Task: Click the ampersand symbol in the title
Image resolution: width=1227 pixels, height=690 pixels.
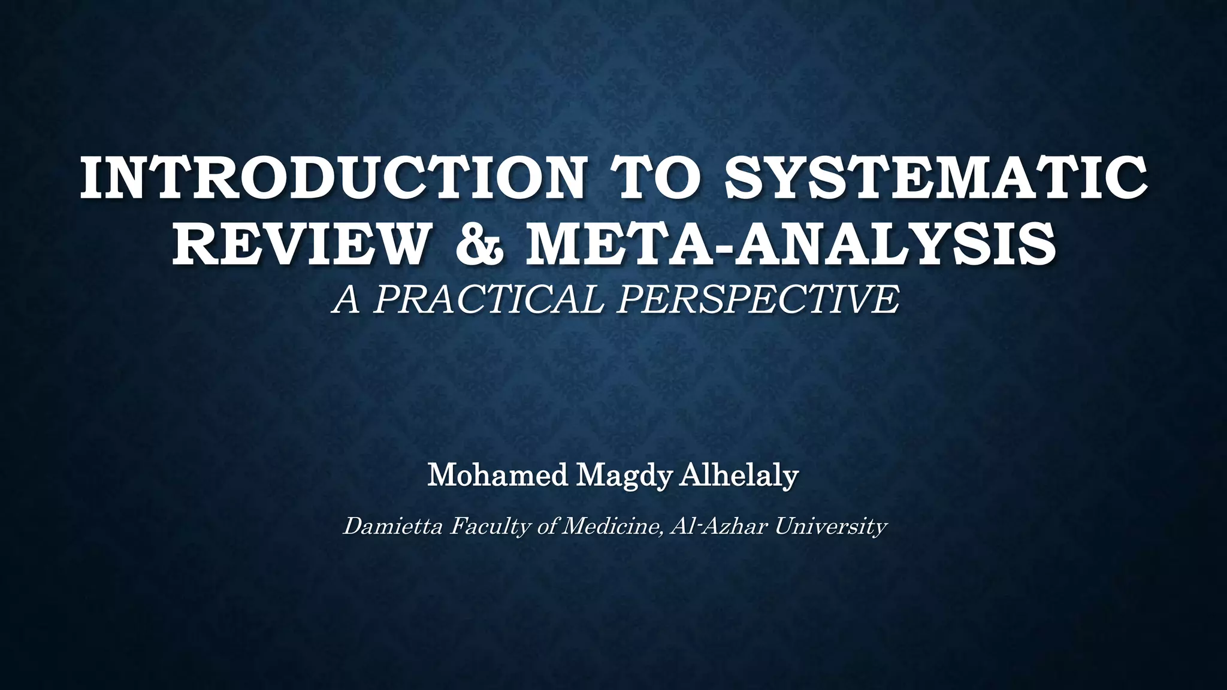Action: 479,244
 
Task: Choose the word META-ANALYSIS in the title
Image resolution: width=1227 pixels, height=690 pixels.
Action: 790,244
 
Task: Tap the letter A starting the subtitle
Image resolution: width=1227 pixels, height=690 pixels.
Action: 347,299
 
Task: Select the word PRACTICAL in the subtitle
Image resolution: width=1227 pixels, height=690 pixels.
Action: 488,299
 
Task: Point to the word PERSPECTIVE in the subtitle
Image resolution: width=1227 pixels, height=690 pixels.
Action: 758,299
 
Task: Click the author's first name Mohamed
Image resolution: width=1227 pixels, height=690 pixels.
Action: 497,476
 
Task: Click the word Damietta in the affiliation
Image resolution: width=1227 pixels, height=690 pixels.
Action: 392,526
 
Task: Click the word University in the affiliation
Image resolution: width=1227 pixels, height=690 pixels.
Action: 830,528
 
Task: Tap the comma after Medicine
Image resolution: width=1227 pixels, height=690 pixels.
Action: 661,532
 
